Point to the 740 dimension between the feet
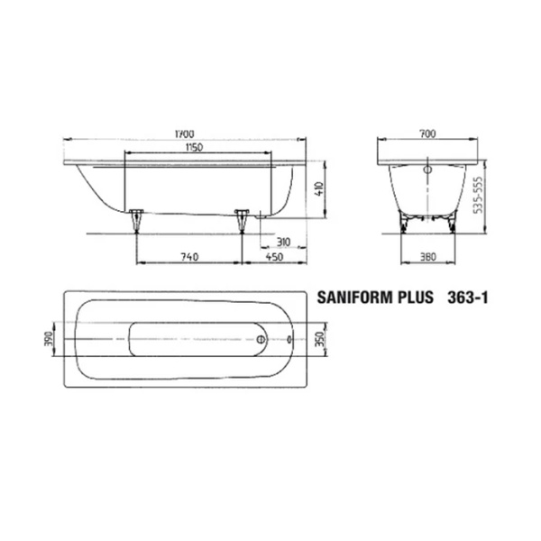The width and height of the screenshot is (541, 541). pyautogui.click(x=188, y=257)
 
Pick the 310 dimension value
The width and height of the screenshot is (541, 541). pyautogui.click(x=281, y=242)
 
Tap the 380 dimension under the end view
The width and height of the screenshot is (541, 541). pyautogui.click(x=429, y=257)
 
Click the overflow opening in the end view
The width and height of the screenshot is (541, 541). pyautogui.click(x=426, y=167)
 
